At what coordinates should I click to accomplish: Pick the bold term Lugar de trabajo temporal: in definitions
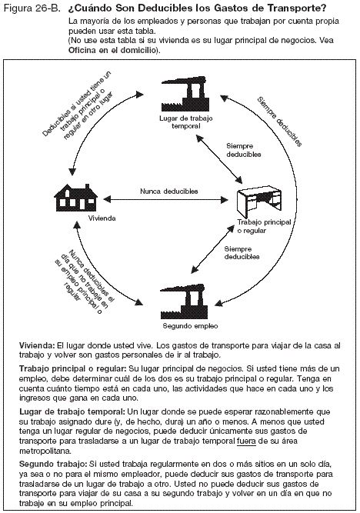click(70, 413)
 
